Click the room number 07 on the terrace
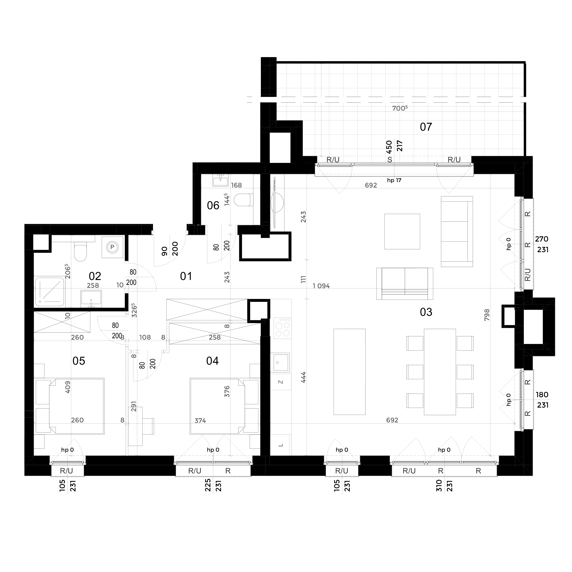(x=426, y=127)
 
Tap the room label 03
(x=426, y=312)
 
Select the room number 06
(x=213, y=205)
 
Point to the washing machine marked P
(x=112, y=247)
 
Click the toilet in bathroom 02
(x=80, y=251)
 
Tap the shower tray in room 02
(x=50, y=291)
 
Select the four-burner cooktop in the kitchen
(x=282, y=328)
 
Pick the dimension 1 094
(x=321, y=286)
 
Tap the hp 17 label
(x=394, y=180)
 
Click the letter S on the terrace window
(x=390, y=160)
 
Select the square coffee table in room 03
(x=402, y=232)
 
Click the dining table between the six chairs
(x=440, y=372)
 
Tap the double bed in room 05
(x=70, y=406)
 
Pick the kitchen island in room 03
(x=349, y=372)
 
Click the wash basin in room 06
(x=220, y=180)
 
